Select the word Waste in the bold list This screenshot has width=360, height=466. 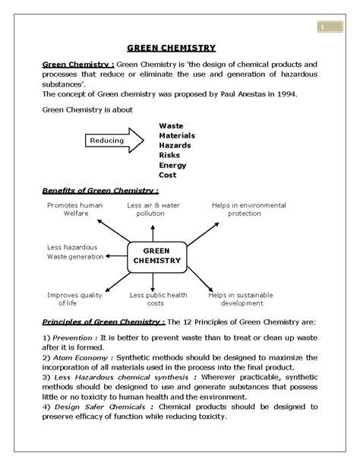[171, 125]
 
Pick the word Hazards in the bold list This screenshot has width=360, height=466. [175, 144]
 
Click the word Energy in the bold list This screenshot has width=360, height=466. [172, 164]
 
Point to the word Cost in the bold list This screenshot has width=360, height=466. [168, 174]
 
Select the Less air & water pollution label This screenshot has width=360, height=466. [150, 209]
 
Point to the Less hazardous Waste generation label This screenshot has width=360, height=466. [74, 252]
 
